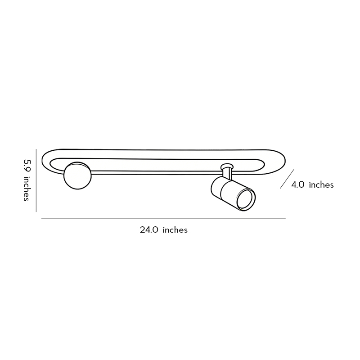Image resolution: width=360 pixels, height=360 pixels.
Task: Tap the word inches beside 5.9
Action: tap(27, 188)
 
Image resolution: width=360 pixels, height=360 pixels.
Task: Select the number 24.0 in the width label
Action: tap(149, 230)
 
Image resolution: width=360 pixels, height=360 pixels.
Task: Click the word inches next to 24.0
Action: tap(175, 230)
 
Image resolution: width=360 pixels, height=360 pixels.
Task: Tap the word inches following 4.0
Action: tap(321, 184)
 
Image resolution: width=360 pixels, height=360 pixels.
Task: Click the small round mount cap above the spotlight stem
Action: tap(228, 166)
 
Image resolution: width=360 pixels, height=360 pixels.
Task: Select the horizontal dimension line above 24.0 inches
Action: tap(163, 218)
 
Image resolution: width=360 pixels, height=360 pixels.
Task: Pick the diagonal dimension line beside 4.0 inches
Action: tap(286, 179)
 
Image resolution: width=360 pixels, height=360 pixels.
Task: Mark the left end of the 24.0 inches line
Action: tap(42, 218)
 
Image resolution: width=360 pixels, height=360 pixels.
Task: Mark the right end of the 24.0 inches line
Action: tap(285, 218)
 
